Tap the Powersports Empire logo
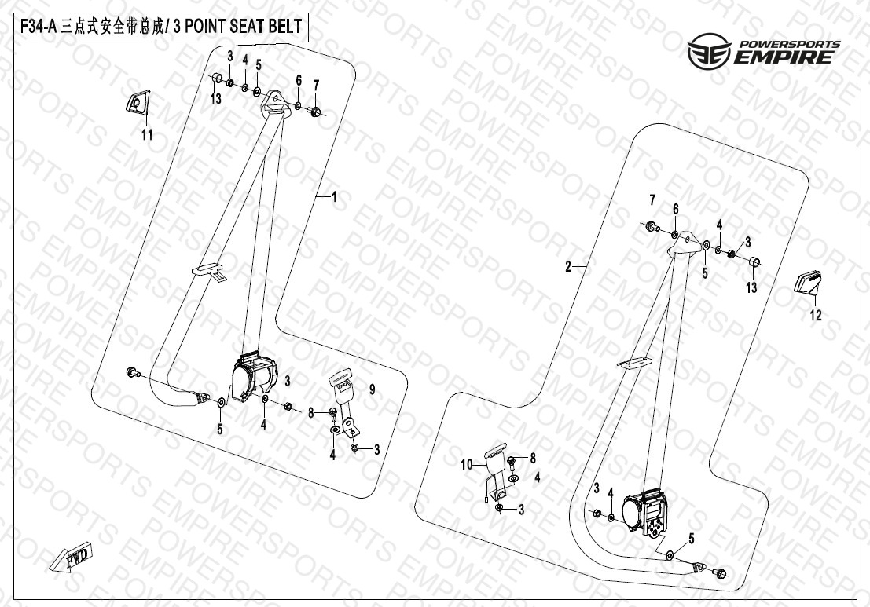(x=763, y=53)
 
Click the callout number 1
(x=333, y=198)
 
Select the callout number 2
(x=567, y=267)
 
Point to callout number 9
(x=373, y=389)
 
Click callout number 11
(x=146, y=135)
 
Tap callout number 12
(x=815, y=316)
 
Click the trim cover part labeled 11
(x=136, y=103)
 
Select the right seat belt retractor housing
(x=647, y=510)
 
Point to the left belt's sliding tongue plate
(x=208, y=269)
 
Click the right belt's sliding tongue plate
(x=634, y=361)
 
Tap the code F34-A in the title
(x=39, y=27)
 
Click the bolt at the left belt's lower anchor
(x=131, y=371)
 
